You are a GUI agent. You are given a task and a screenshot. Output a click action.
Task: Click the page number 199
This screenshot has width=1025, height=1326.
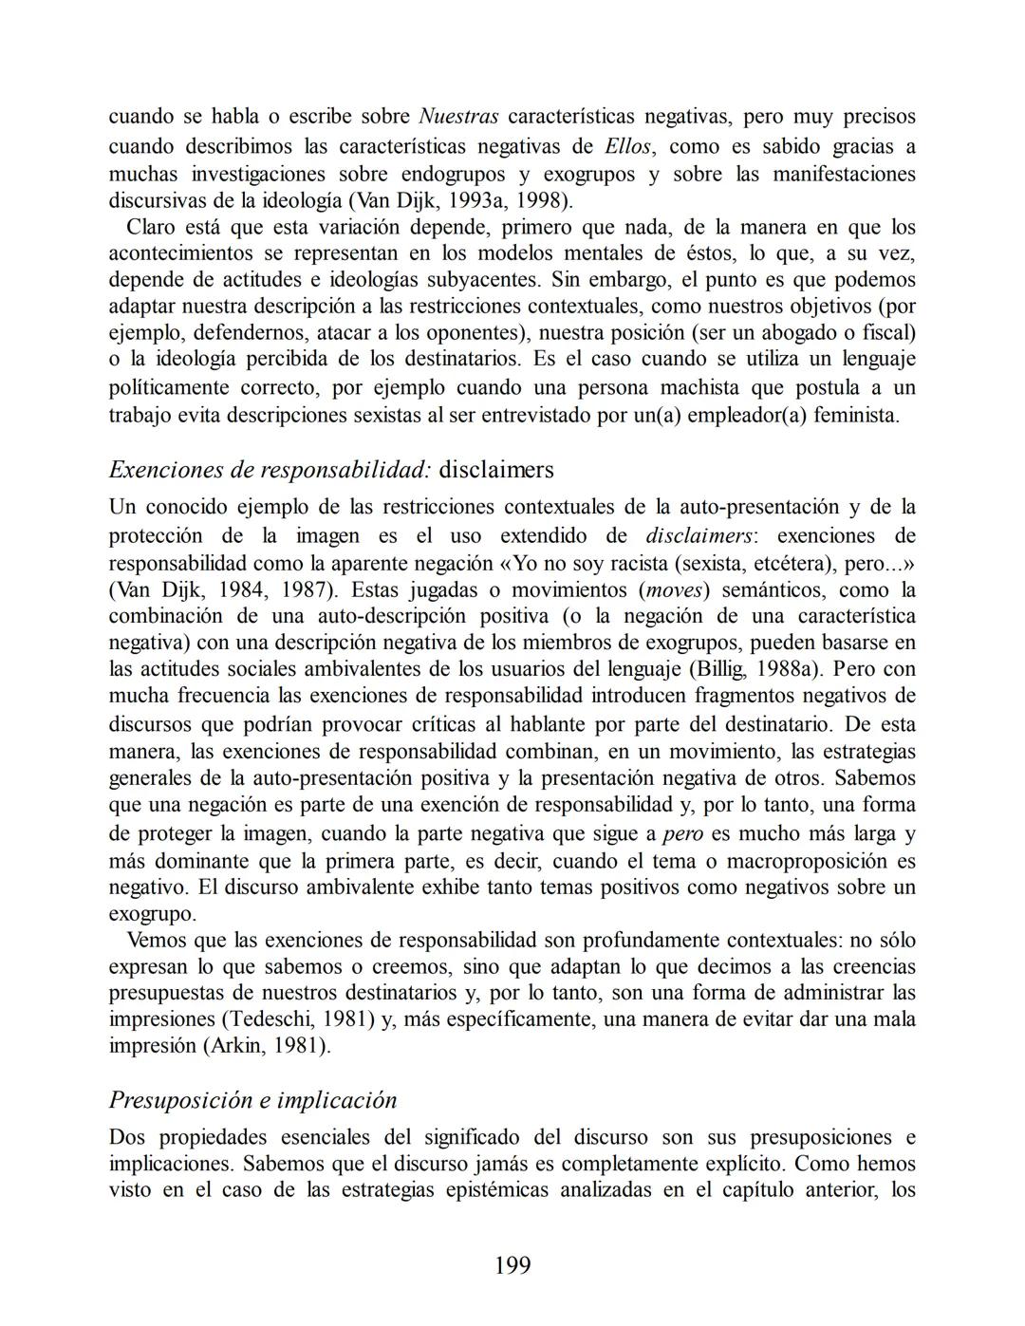pos(512,1265)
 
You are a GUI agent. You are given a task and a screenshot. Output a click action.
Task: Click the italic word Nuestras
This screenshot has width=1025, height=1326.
pos(458,117)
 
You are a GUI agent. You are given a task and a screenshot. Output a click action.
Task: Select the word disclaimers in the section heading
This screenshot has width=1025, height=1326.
pos(496,470)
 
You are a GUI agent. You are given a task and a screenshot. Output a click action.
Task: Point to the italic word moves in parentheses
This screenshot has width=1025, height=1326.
pos(673,589)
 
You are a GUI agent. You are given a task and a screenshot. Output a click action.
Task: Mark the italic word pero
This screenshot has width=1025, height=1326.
pos(682,834)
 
